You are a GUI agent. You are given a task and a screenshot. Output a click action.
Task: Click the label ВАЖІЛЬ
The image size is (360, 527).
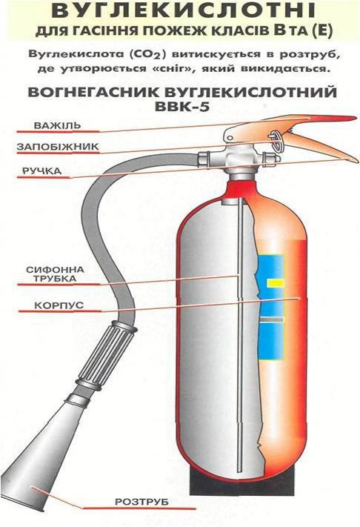point(58,125)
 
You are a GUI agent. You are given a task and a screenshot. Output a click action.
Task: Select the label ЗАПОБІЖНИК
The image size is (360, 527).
point(58,147)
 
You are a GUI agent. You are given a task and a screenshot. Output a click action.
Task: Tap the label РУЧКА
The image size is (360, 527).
point(42,170)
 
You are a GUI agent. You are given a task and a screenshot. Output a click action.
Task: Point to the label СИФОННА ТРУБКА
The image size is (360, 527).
point(56,274)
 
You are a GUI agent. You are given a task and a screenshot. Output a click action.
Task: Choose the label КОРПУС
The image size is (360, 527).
point(59,306)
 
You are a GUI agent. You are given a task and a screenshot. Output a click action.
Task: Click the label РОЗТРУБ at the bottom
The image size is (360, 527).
point(141,502)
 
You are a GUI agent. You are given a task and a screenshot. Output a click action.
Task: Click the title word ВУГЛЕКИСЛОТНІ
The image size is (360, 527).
point(184,11)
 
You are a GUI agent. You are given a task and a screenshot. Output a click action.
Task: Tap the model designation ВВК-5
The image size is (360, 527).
point(182,107)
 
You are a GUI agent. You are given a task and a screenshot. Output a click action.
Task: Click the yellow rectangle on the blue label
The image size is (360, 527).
point(276,283)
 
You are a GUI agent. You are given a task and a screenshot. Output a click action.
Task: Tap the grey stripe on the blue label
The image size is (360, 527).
point(272,319)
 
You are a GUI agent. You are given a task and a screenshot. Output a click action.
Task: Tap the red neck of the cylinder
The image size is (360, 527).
point(241,190)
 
